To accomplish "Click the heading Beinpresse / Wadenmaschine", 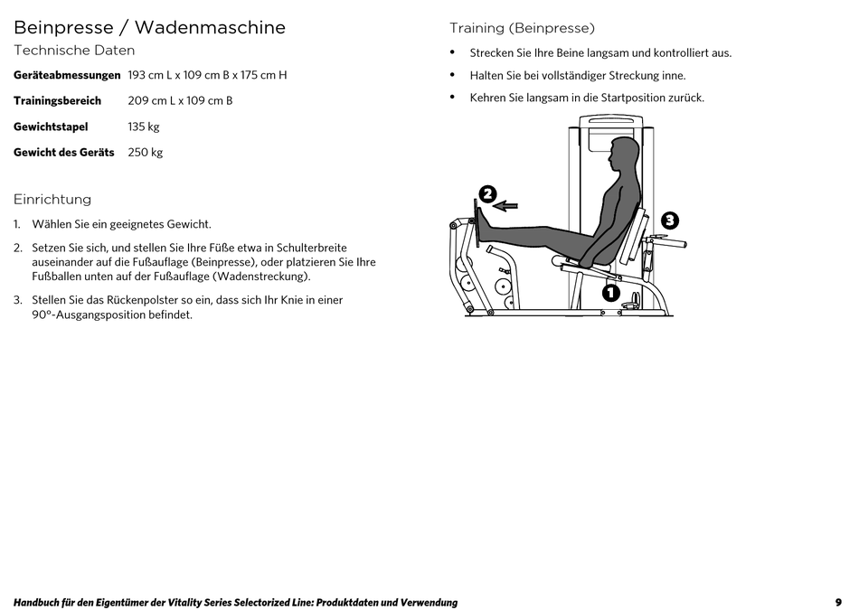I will pyautogui.click(x=149, y=28).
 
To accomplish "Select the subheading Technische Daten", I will pyautogui.click(x=74, y=51).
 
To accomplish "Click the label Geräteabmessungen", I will pyautogui.click(x=67, y=75).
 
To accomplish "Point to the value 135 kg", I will pyautogui.click(x=144, y=127).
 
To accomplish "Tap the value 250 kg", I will pyautogui.click(x=146, y=153).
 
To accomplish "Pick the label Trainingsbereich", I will pyautogui.click(x=57, y=101).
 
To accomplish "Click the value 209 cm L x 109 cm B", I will pyautogui.click(x=180, y=101).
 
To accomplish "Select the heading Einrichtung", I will pyautogui.click(x=52, y=200).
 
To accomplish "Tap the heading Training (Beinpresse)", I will pyautogui.click(x=522, y=29).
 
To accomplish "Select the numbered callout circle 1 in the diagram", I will pyautogui.click(x=610, y=292).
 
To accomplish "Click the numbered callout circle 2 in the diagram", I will pyautogui.click(x=487, y=193).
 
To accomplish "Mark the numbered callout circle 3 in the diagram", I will pyautogui.click(x=669, y=220).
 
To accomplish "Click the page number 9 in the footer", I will pyautogui.click(x=838, y=603).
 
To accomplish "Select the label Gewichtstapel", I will pyautogui.click(x=51, y=127).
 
